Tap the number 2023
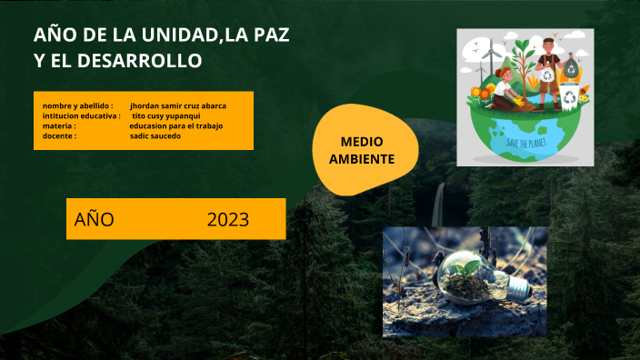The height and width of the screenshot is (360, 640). click(227, 219)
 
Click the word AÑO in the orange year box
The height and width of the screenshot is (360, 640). click(95, 219)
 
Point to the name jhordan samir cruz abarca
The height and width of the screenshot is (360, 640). click(178, 106)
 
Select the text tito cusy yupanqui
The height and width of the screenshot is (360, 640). click(172, 116)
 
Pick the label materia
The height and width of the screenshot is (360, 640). click(59, 125)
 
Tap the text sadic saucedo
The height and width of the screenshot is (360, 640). click(156, 135)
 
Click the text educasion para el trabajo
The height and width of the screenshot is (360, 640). click(176, 125)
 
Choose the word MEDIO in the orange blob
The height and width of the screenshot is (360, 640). click(362, 142)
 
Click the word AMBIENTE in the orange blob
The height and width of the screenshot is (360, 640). click(362, 159)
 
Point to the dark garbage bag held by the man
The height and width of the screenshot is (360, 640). click(571, 68)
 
